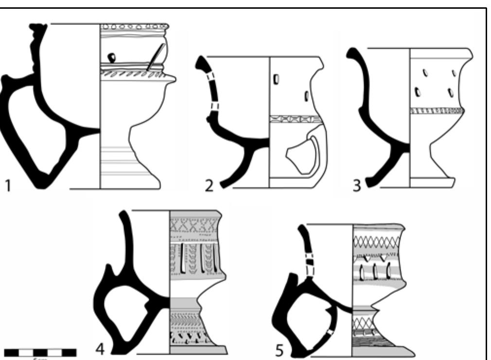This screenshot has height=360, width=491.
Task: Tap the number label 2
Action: [x=209, y=186]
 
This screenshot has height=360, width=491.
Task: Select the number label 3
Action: [x=358, y=186]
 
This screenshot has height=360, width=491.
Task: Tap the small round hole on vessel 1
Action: [x=112, y=57]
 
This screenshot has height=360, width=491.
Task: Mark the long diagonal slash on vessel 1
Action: [x=155, y=59]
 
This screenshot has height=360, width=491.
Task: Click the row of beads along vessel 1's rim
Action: [x=134, y=26]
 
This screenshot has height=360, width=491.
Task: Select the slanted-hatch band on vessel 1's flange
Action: [x=132, y=73]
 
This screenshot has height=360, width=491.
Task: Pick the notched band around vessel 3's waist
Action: [x=435, y=111]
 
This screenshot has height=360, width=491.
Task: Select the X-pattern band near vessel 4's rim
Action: [x=193, y=224]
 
